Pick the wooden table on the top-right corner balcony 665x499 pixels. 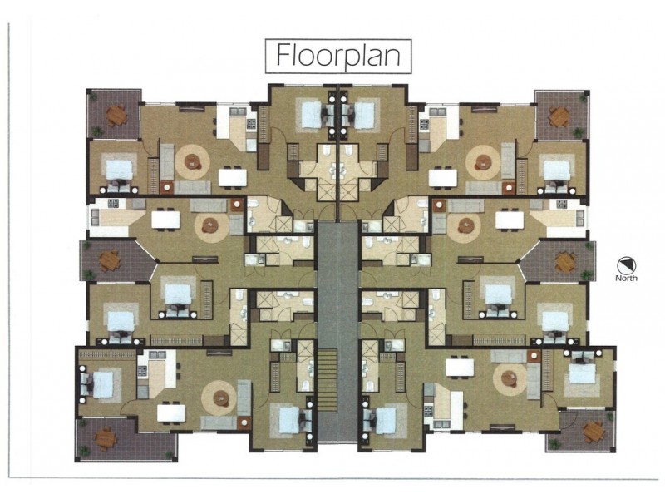coord(559,116)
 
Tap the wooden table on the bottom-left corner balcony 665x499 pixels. coord(105,437)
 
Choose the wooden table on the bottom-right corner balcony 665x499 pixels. coord(593,430)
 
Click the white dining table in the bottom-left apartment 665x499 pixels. coord(171,412)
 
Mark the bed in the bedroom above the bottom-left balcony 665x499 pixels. coord(102,383)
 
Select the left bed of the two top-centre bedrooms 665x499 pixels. coord(311,115)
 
